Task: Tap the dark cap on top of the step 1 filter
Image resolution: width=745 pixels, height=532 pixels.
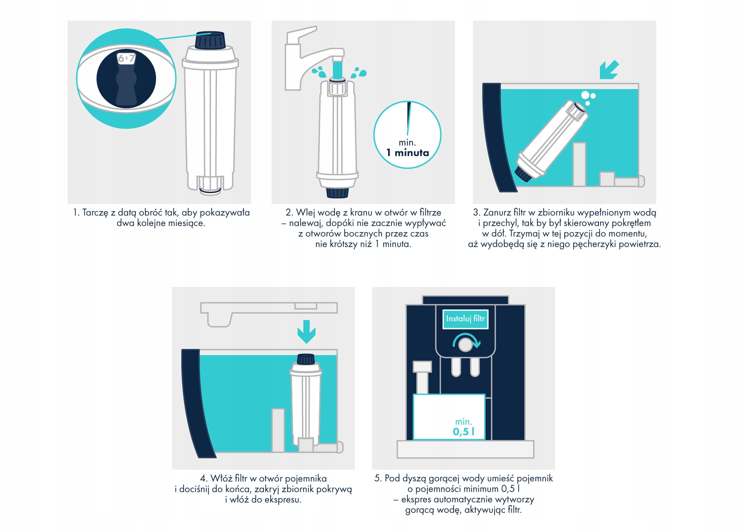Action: pos(210,40)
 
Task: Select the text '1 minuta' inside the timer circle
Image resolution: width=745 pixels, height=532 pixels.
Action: pos(407,153)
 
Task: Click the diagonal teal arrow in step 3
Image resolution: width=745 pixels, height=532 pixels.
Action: pos(609,70)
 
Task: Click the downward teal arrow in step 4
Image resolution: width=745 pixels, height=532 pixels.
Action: pos(306,331)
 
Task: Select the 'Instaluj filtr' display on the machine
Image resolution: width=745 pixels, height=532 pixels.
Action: pos(465,319)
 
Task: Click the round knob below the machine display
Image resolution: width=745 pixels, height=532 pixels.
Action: pos(465,345)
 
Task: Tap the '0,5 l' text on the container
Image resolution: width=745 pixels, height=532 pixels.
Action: pos(464,431)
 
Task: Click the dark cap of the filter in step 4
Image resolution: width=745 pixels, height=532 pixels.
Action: pos(306,359)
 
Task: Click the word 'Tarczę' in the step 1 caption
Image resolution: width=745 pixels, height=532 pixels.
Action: pos(95,213)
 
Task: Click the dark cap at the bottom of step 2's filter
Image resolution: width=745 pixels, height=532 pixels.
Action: pos(337,193)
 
